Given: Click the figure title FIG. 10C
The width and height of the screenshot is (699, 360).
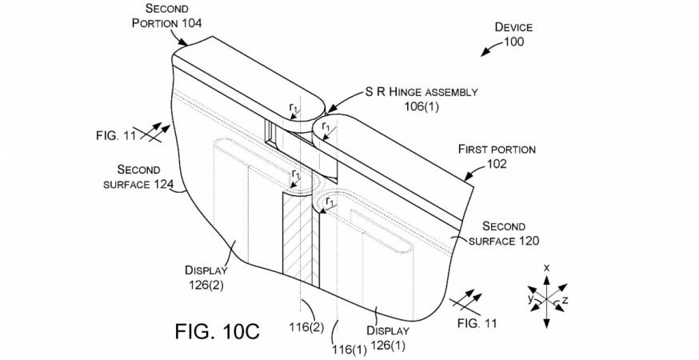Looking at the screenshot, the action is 217,331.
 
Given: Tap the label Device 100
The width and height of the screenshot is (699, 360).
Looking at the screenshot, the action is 513,34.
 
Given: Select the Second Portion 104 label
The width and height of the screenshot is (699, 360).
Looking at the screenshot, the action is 166,16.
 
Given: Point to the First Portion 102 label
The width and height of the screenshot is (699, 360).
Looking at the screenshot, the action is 497,156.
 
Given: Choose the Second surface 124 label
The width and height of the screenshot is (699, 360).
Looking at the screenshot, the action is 138,177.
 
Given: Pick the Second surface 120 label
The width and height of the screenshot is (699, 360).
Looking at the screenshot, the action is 503,234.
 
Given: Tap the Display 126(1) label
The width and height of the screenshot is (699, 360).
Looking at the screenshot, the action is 387,338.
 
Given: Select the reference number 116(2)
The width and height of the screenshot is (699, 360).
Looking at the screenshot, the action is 306,327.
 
